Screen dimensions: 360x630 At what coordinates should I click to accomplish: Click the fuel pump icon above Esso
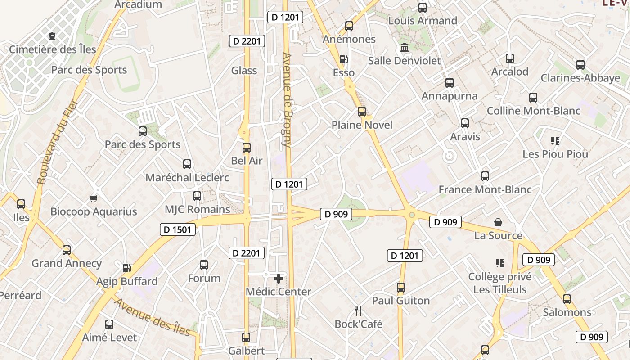pos(343,59)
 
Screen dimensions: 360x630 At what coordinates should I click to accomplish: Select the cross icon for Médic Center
pos(279,279)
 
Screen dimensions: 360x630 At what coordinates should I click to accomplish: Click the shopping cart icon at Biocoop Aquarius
pos(94,198)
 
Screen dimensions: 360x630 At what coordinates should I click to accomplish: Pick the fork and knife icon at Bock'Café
pos(358,310)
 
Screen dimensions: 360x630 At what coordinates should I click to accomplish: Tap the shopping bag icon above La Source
pos(498,222)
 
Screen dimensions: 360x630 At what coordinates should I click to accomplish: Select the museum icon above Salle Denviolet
pos(404,47)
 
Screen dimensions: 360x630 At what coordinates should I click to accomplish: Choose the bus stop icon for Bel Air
pos(247,148)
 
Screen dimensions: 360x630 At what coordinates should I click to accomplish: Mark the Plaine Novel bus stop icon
pos(362,112)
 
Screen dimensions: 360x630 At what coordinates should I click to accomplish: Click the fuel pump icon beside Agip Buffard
pos(127,268)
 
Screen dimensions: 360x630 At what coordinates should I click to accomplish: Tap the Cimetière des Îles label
pos(53,49)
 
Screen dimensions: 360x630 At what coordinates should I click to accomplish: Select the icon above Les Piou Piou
pos(555,141)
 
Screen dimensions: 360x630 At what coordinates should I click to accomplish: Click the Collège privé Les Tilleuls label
pos(499,283)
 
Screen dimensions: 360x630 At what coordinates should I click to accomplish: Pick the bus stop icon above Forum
pos(204,265)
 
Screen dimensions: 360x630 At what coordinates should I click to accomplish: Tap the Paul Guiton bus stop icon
pos(401,287)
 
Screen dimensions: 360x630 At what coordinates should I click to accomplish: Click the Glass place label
pos(244,71)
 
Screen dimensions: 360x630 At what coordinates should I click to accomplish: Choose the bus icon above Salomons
pos(567,299)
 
